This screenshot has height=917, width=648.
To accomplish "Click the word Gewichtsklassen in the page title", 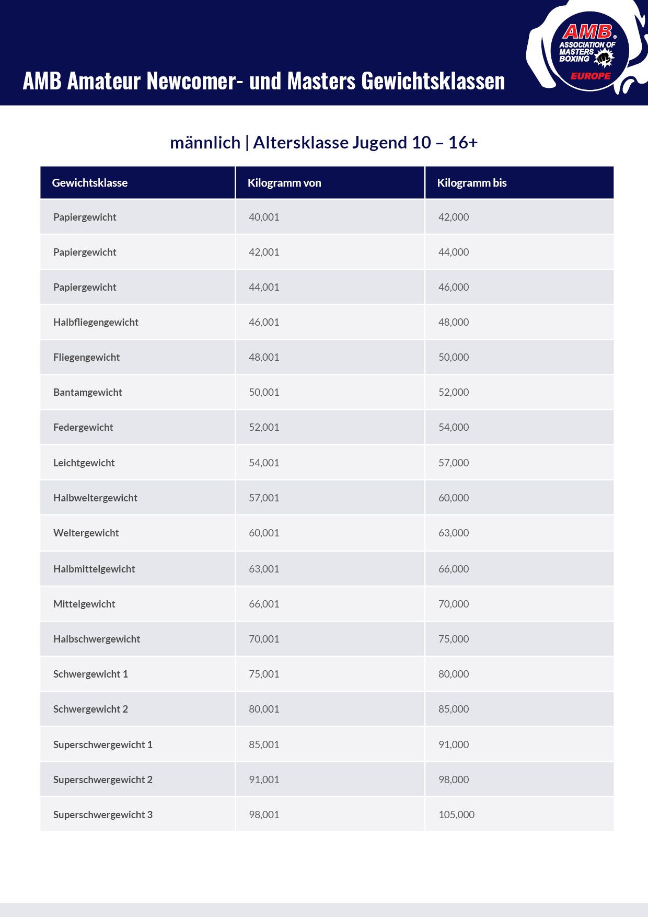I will pyautogui.click(x=433, y=81).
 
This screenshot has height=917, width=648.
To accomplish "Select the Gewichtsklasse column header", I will pyautogui.click(x=90, y=183).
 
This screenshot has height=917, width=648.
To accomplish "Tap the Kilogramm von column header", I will pyautogui.click(x=284, y=183).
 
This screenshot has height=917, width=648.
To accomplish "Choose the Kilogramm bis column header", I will pyautogui.click(x=471, y=183).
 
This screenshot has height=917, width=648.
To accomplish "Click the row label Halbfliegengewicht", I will pyautogui.click(x=96, y=322).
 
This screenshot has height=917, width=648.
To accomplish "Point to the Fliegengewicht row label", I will pyautogui.click(x=86, y=357).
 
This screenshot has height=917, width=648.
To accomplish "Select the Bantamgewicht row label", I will pyautogui.click(x=87, y=392).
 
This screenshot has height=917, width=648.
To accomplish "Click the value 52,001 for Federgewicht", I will pyautogui.click(x=264, y=427).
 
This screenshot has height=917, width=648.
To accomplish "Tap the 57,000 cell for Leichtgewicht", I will pyautogui.click(x=453, y=463).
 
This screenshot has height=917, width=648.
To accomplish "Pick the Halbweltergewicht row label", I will pyautogui.click(x=95, y=498).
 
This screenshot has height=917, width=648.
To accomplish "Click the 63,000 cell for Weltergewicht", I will pyautogui.click(x=453, y=533).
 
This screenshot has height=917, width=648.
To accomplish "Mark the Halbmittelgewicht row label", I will pyautogui.click(x=94, y=569).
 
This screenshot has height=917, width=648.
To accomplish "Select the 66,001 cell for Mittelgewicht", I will pyautogui.click(x=264, y=604).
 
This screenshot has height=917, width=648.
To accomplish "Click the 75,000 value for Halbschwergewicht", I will pyautogui.click(x=453, y=639).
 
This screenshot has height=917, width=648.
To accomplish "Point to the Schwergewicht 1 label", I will pyautogui.click(x=90, y=674).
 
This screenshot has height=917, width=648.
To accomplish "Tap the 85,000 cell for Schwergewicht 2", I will pyautogui.click(x=453, y=709).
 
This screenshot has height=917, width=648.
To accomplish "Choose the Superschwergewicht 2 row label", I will pyautogui.click(x=103, y=780).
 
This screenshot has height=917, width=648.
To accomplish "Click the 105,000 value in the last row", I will pyautogui.click(x=456, y=815).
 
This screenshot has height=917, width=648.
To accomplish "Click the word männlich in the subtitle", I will pyautogui.click(x=205, y=142).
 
